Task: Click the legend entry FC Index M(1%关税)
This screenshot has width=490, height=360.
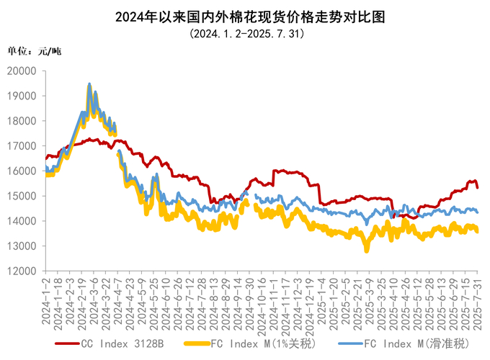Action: point(267,344)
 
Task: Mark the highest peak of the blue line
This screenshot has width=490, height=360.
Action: point(89,84)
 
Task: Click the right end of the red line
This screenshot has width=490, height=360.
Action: point(478,186)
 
